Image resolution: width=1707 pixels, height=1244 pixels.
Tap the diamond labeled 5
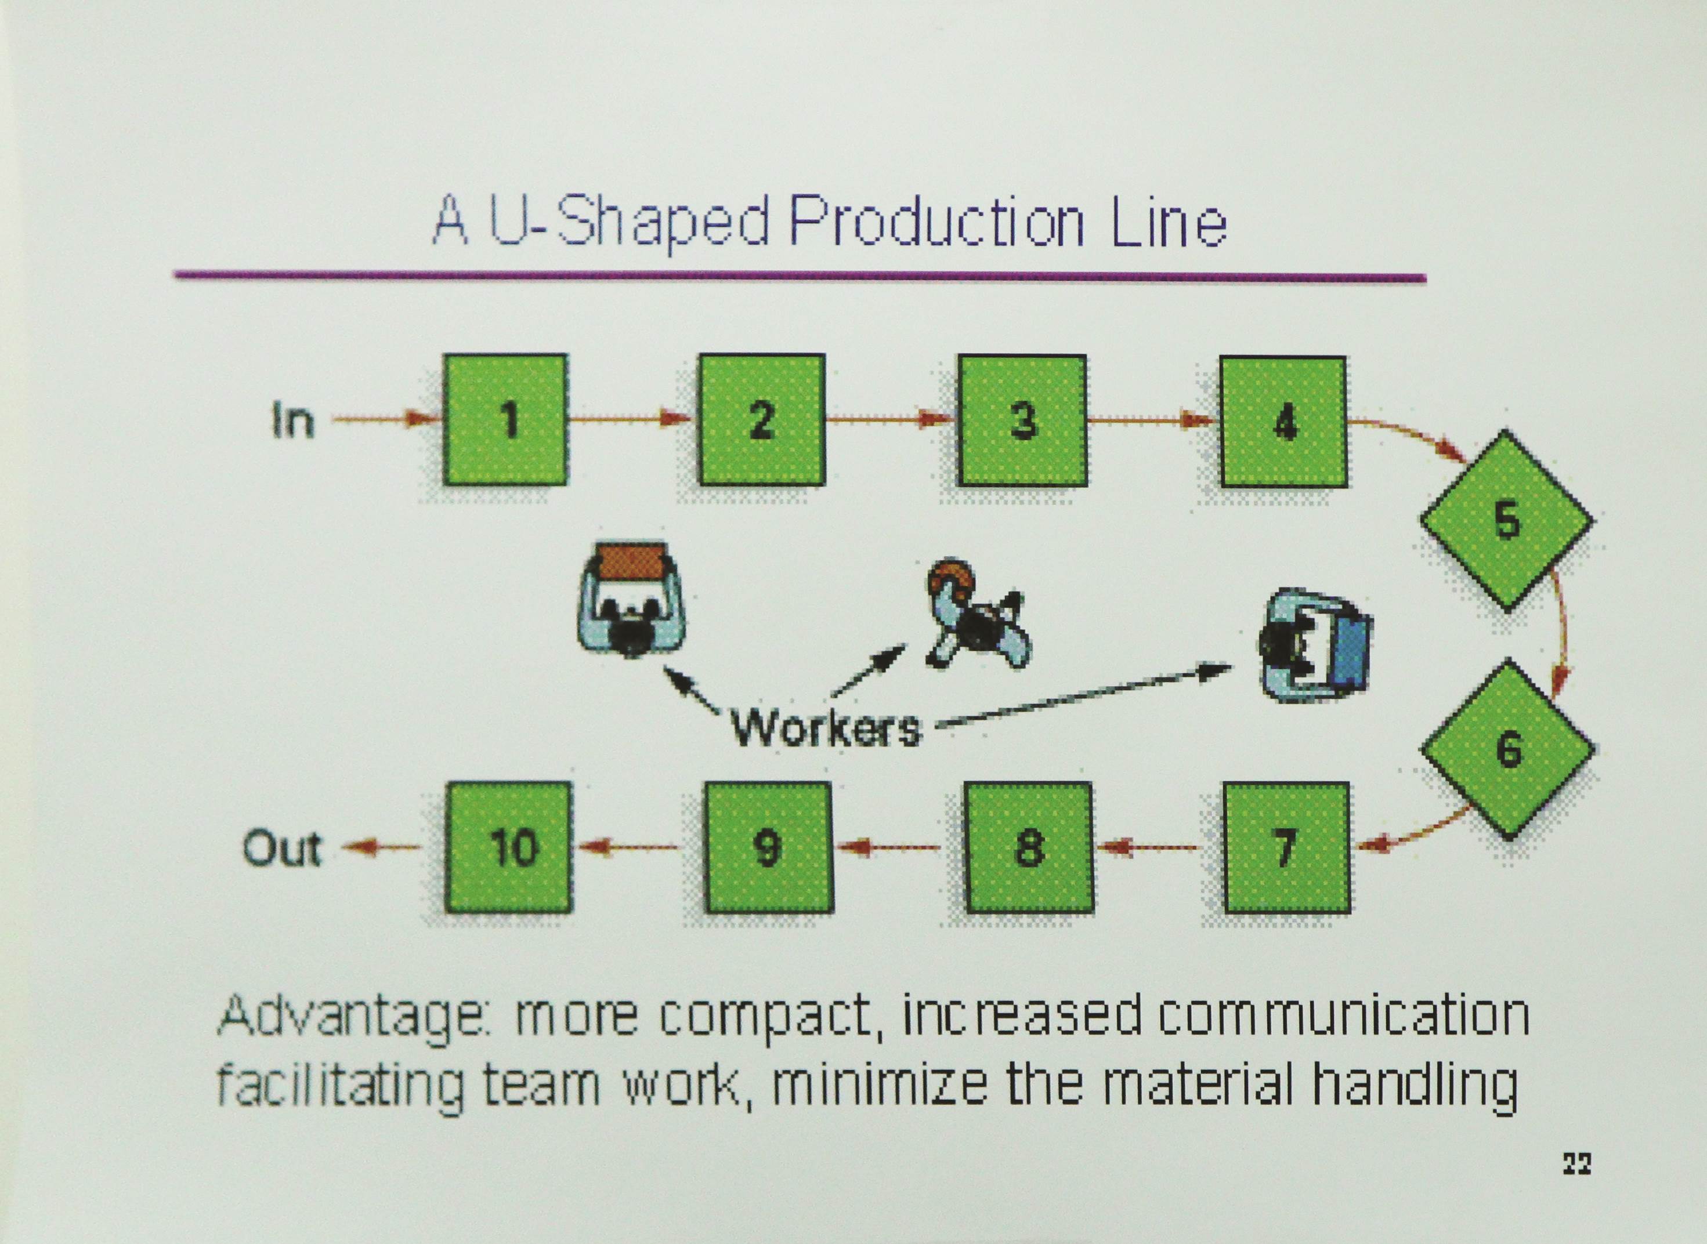pyautogui.click(x=1507, y=520)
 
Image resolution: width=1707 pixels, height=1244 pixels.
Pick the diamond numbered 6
pyautogui.click(x=1508, y=749)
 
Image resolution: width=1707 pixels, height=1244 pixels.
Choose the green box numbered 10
pyautogui.click(x=508, y=847)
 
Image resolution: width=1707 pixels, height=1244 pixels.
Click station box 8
pyautogui.click(x=1028, y=848)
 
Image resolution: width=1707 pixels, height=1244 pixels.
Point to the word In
pyautogui.click(x=292, y=420)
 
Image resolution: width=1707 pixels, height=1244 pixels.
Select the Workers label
pyautogui.click(x=826, y=728)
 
